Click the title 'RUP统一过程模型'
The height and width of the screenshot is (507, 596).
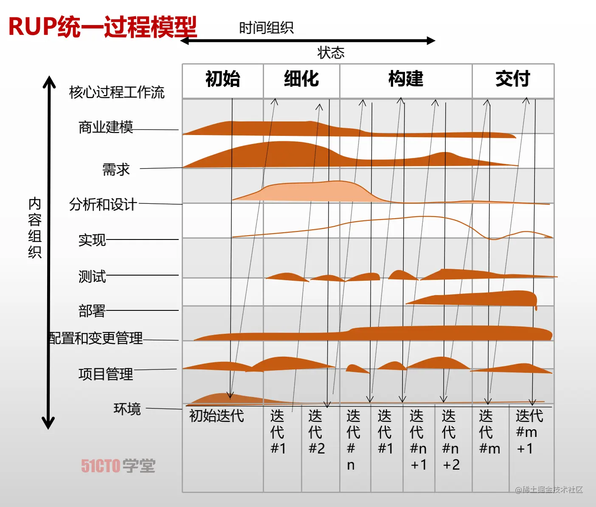coord(102,26)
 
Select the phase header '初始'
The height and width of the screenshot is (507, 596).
coord(223,79)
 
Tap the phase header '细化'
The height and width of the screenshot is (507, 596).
coord(301,79)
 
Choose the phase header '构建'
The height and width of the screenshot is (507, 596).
coord(406,79)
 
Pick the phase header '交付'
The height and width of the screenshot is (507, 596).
coord(513,79)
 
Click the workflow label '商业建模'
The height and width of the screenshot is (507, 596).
coord(106,127)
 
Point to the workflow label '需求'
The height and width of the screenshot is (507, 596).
coord(116,169)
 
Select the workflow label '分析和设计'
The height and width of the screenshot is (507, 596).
coord(103,204)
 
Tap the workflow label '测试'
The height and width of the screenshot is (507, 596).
coord(92,276)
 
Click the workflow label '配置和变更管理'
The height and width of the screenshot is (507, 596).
coord(95,338)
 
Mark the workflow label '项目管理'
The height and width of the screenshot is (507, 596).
coord(106,374)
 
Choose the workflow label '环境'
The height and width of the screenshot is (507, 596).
coord(127,408)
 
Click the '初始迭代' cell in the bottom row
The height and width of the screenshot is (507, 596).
coord(216,416)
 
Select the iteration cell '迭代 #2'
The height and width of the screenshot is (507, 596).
coord(316,432)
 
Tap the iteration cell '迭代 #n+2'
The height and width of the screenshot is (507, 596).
coord(450,440)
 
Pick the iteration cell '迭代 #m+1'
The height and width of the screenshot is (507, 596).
coord(529,432)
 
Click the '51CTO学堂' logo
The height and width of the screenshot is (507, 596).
coord(118,466)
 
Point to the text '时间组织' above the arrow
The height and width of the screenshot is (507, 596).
coord(266,28)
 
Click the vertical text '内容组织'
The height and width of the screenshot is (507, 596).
coord(35,228)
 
